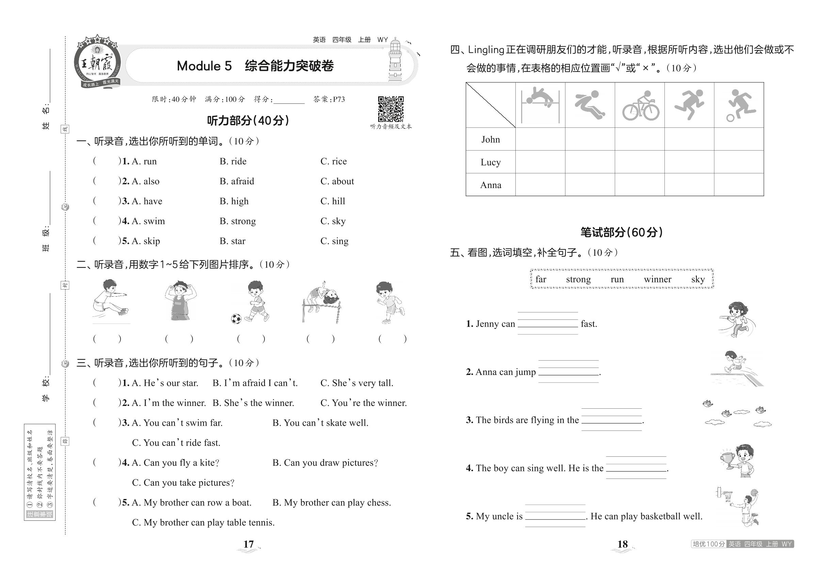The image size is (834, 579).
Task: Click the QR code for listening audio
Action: pyautogui.click(x=390, y=109)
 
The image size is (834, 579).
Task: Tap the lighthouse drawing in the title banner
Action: pyautogui.click(x=395, y=61)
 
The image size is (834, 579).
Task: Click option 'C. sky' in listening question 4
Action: pyautogui.click(x=333, y=221)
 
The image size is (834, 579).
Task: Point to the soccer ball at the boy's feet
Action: pyautogui.click(x=236, y=319)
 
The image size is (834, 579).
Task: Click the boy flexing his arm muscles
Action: pyautogui.click(x=180, y=300)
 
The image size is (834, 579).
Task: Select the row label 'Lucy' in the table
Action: pyautogui.click(x=491, y=162)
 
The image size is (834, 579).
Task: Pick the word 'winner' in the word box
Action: pyautogui.click(x=657, y=279)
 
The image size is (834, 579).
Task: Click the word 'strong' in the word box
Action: pyautogui.click(x=578, y=279)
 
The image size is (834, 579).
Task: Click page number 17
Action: pyautogui.click(x=248, y=544)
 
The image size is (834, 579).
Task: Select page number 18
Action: pyautogui.click(x=622, y=544)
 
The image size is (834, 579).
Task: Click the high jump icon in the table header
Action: pyautogui.click(x=540, y=105)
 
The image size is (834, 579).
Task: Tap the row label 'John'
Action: pyautogui.click(x=491, y=139)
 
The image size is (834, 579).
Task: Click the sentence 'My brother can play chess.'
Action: pyautogui.click(x=332, y=502)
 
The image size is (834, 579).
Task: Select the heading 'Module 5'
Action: pyautogui.click(x=204, y=66)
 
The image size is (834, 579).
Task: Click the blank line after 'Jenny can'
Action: pyautogui.click(x=547, y=324)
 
